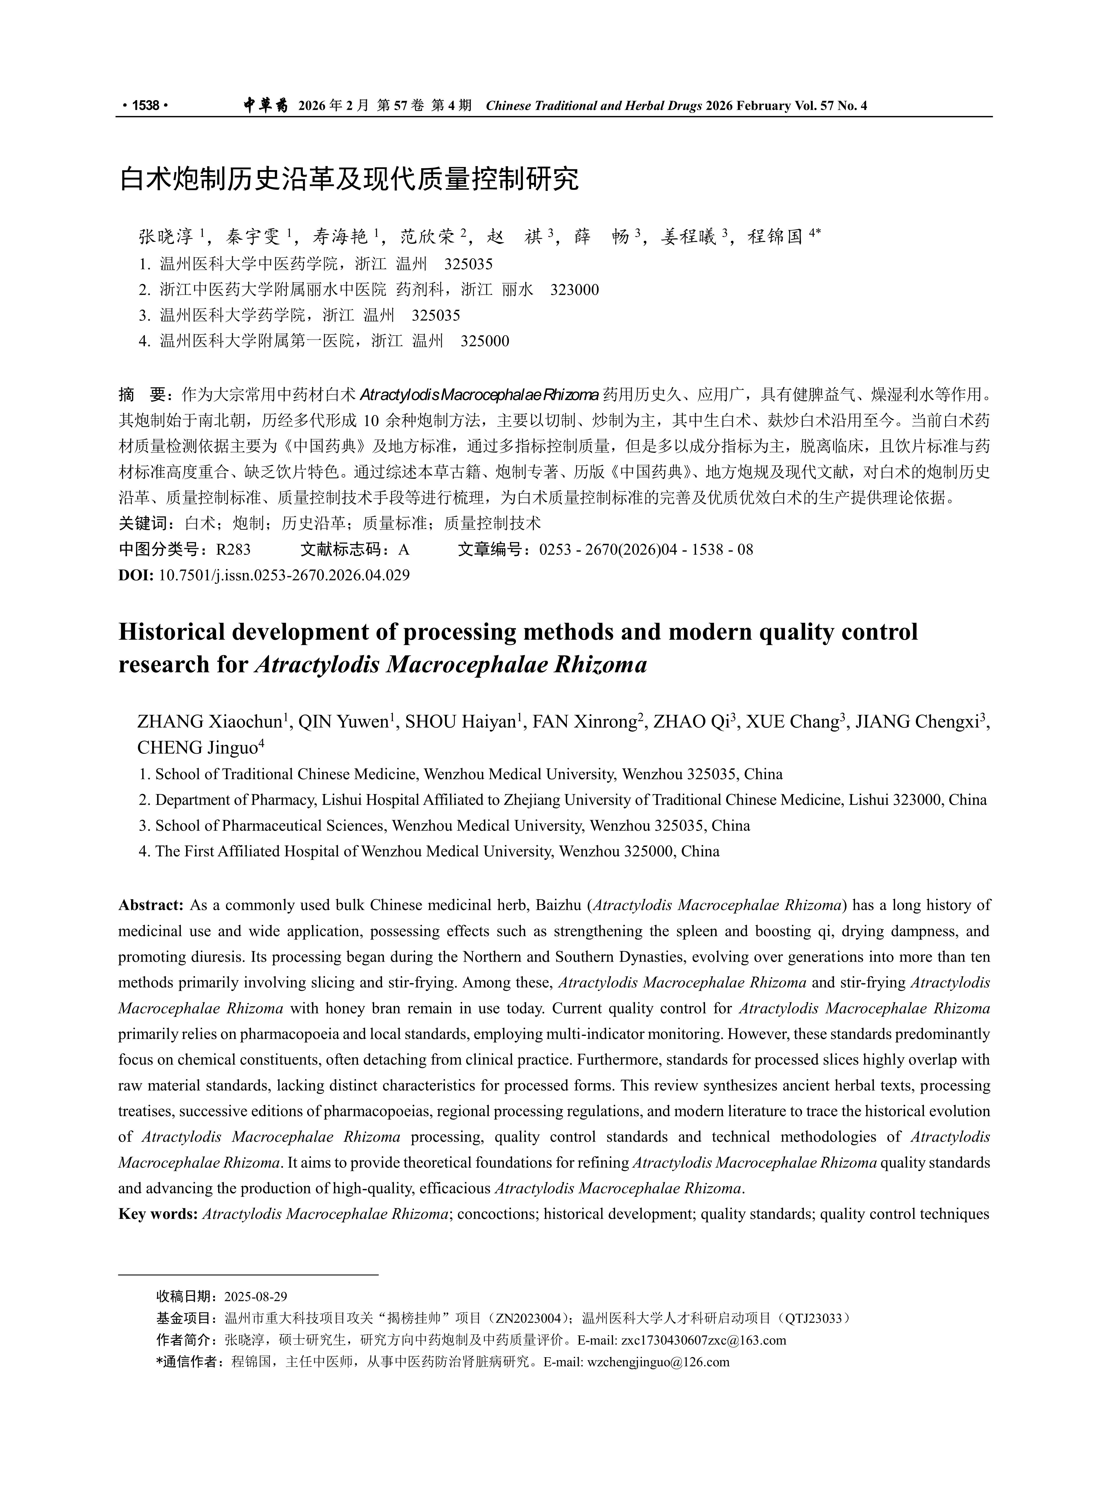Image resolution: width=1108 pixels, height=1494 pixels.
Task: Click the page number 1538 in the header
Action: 145,105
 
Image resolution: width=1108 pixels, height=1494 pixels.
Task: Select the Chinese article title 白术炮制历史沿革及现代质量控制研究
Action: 349,179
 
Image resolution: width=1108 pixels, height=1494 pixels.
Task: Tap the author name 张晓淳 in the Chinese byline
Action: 166,236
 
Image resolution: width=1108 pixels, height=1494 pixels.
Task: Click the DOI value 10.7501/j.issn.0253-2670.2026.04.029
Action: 284,575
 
